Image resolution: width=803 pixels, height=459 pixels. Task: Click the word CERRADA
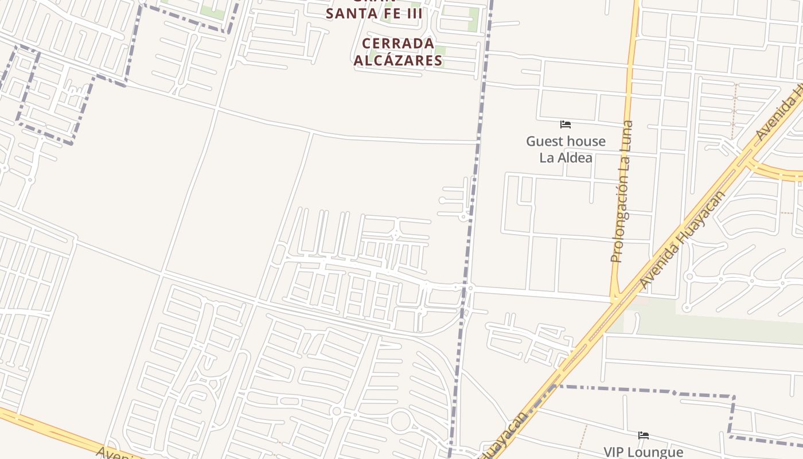[398, 44]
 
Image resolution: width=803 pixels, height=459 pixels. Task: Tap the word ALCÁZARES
[398, 60]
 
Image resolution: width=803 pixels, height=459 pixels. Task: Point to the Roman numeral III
[411, 14]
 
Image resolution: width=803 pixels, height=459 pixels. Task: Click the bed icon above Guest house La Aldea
[566, 125]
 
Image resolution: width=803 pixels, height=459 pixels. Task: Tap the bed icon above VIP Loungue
[644, 435]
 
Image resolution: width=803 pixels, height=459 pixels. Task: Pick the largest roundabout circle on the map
[400, 422]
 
